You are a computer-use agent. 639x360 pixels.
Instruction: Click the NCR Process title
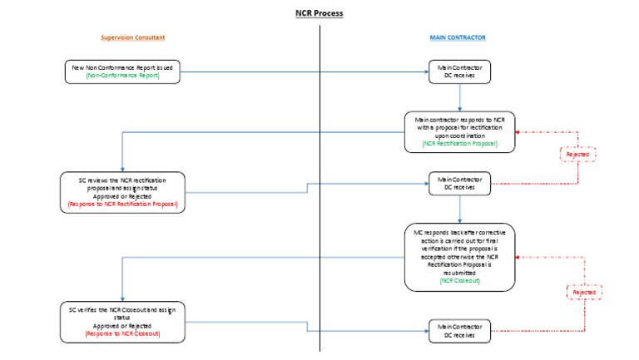coord(319,13)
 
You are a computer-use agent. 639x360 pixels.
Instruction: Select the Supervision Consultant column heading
coord(133,38)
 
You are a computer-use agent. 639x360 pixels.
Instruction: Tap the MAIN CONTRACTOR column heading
coord(458,38)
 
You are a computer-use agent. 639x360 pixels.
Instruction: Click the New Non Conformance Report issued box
coord(123,71)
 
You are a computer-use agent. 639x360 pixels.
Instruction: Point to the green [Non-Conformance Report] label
coord(122,76)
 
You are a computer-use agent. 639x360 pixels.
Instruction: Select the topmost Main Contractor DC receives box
coord(459,72)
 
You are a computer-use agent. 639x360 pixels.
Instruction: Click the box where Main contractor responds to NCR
coord(459,131)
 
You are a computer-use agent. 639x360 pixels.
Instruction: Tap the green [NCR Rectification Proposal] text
coord(459,143)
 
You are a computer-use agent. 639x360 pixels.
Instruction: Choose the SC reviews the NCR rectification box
coord(122,191)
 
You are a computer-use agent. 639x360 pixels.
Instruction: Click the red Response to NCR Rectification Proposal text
coord(122,203)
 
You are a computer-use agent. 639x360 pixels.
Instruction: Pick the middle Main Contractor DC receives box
coord(459,184)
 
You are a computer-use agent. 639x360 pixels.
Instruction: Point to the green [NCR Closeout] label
coord(459,281)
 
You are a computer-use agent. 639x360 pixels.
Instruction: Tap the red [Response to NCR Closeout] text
coord(122,333)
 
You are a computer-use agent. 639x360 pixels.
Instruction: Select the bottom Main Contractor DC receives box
coord(459,331)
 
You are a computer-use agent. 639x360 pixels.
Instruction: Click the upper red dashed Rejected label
coord(579,155)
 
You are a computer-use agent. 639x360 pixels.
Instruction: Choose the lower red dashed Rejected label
coord(585,292)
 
